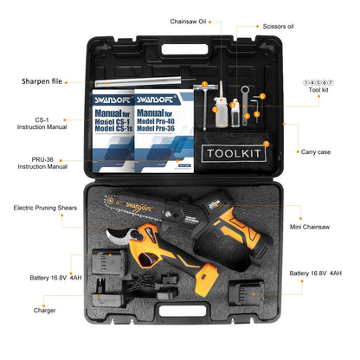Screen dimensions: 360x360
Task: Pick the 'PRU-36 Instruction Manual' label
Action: [x=42, y=163]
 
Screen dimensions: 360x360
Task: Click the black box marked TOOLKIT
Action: [x=234, y=153]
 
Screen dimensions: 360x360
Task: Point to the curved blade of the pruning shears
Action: [x=113, y=241]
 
